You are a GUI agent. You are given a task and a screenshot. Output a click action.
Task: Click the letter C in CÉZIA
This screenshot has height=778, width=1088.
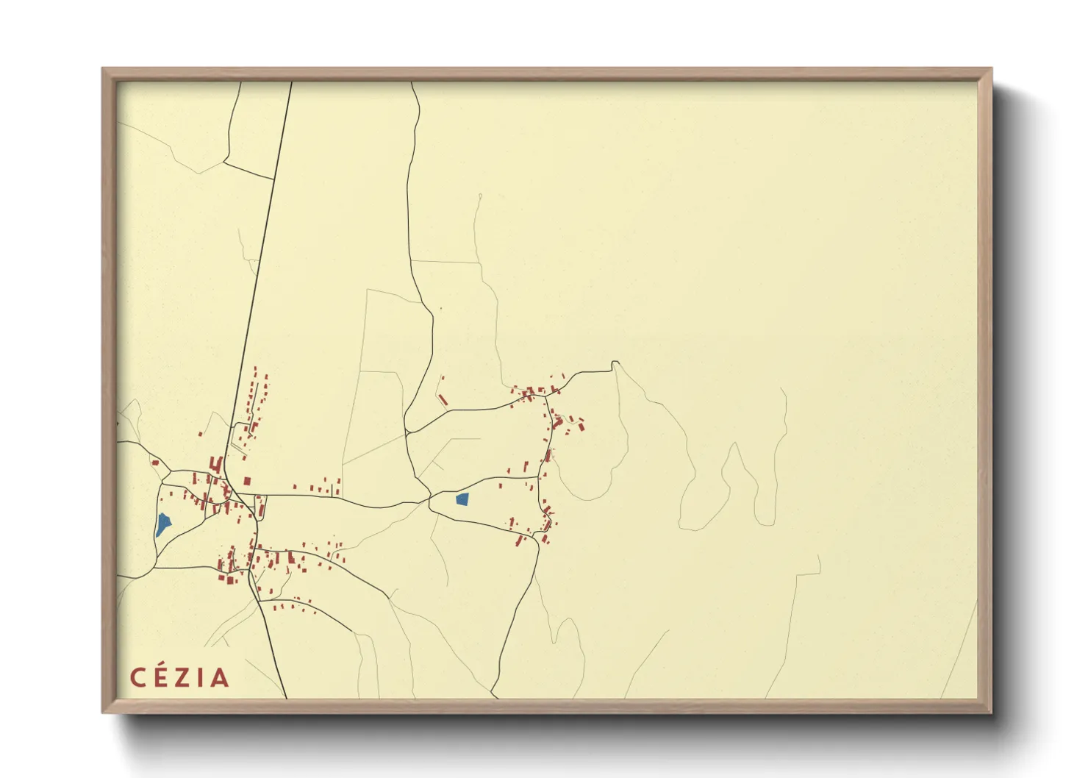[138, 677]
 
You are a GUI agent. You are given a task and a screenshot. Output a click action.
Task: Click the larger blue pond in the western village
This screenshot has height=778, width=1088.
[162, 524]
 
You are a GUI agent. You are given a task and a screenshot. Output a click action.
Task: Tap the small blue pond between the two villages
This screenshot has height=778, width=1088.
[462, 499]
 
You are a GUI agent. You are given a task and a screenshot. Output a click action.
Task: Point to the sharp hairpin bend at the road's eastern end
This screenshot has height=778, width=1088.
[615, 363]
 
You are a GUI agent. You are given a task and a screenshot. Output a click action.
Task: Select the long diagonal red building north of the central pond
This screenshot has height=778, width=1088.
[443, 399]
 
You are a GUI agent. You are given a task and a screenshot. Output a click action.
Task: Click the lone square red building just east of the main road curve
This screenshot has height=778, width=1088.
[247, 481]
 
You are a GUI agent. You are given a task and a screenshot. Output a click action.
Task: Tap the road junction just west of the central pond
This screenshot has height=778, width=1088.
[430, 501]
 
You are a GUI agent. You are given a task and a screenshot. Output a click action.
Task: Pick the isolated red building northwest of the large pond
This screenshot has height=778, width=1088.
[155, 463]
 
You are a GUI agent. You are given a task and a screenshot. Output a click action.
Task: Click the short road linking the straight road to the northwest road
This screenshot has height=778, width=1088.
[248, 171]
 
